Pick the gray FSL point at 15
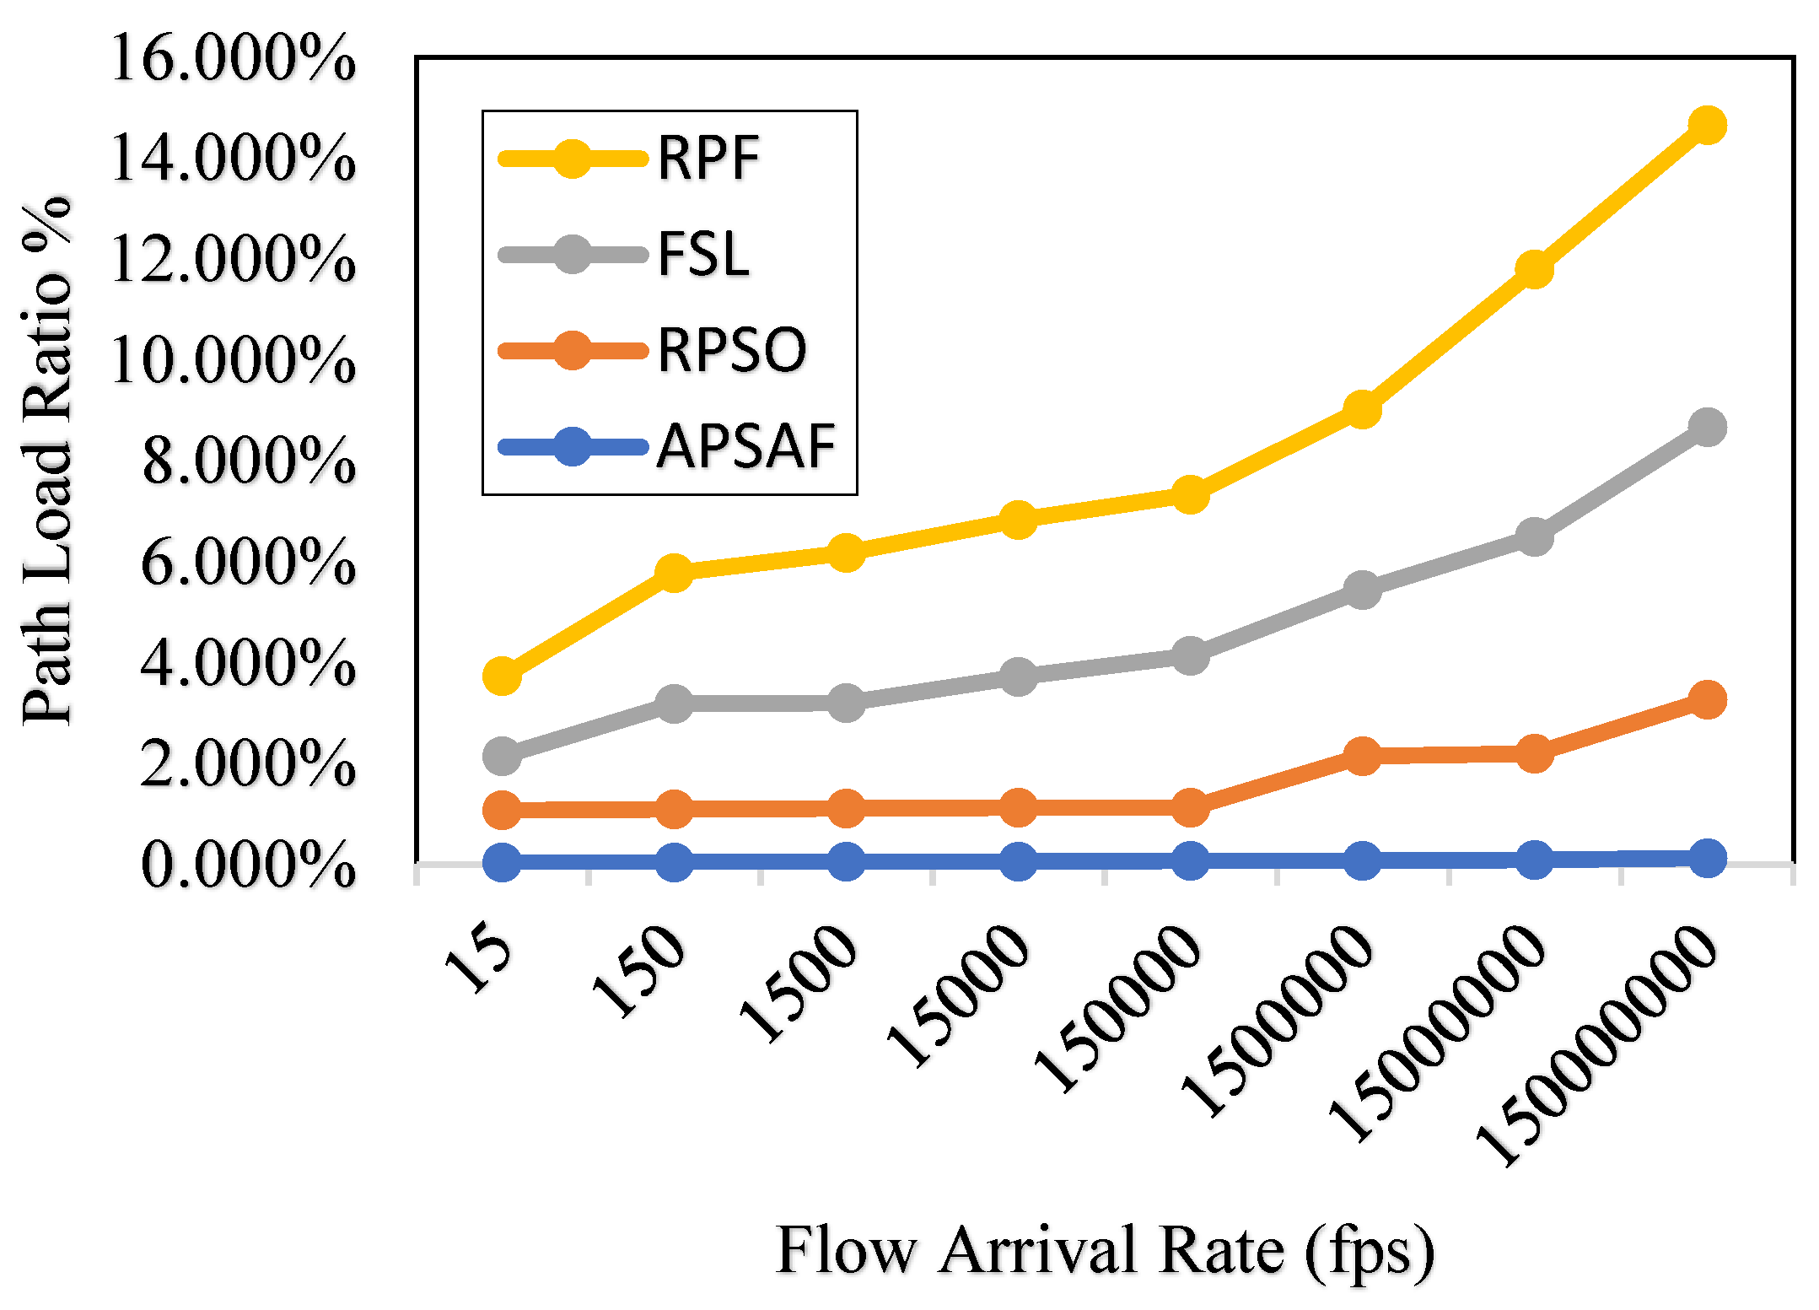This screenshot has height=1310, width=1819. click(x=502, y=755)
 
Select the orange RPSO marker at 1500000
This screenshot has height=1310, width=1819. click(x=1362, y=755)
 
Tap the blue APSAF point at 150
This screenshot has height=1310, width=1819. click(x=674, y=862)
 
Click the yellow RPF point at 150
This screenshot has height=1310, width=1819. click(x=674, y=573)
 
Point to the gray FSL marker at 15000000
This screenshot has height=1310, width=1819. click(x=1534, y=536)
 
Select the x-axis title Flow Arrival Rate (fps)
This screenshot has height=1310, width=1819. click(x=1105, y=1250)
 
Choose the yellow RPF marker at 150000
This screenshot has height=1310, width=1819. click(x=1190, y=494)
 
